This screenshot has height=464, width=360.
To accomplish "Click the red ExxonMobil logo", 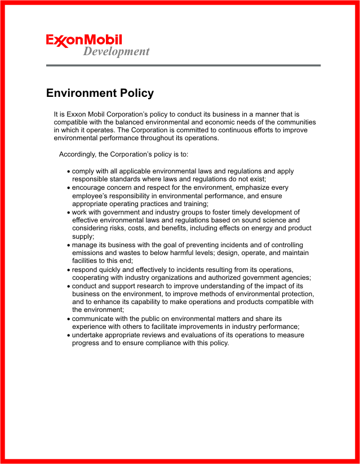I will click(x=84, y=41).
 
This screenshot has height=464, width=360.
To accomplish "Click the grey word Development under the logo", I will click(x=116, y=52).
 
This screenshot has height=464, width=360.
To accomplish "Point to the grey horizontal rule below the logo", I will click(x=183, y=65).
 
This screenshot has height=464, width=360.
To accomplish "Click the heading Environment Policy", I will click(x=100, y=93).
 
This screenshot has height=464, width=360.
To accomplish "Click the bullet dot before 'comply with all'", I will click(x=68, y=172).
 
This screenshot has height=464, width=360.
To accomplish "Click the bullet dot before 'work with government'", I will click(x=68, y=213).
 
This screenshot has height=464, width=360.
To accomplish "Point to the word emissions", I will click(x=89, y=253).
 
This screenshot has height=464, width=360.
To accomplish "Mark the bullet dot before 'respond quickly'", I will click(x=68, y=270).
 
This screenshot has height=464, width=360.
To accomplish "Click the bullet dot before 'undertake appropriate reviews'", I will click(x=68, y=336).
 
